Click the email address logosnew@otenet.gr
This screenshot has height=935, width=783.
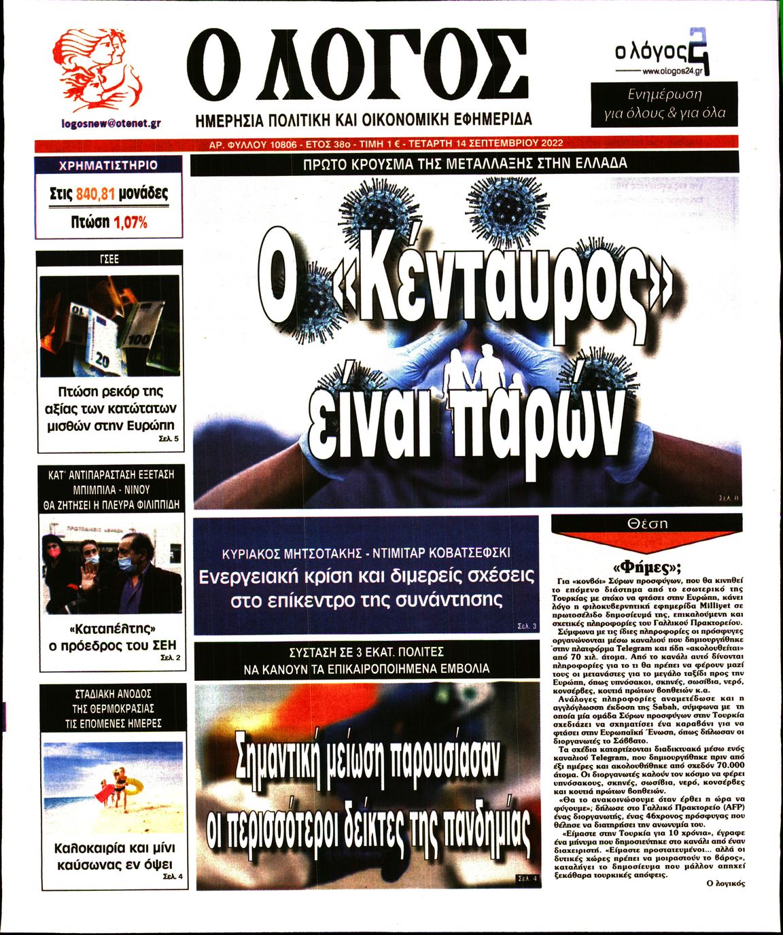(111, 124)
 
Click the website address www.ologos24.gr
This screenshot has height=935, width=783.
(672, 71)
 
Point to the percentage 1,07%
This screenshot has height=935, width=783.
(130, 222)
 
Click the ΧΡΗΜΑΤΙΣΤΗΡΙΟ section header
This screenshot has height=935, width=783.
(109, 165)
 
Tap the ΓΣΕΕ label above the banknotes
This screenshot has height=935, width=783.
(109, 259)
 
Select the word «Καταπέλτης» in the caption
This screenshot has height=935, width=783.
(113, 627)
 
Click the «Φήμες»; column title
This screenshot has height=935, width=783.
(647, 568)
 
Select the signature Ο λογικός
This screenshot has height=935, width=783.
(726, 883)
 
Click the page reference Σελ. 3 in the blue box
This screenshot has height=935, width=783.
(527, 626)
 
